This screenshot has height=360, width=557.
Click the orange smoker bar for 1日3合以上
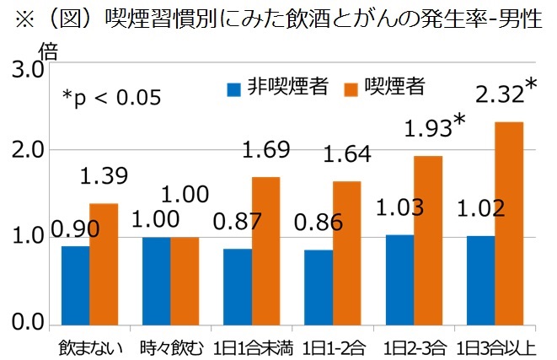coord(508,223)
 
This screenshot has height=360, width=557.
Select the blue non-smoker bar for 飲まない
coord(75,284)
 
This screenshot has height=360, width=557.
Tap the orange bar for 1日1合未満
coord(265,250)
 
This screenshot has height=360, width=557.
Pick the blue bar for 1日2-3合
coord(399,279)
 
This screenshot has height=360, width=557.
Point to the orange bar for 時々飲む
coord(185,280)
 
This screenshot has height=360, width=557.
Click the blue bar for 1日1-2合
coord(319,287)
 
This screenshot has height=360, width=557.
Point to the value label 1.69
coord(265,151)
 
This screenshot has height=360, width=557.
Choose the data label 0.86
coord(319,223)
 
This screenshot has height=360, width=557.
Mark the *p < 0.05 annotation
coord(111,98)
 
